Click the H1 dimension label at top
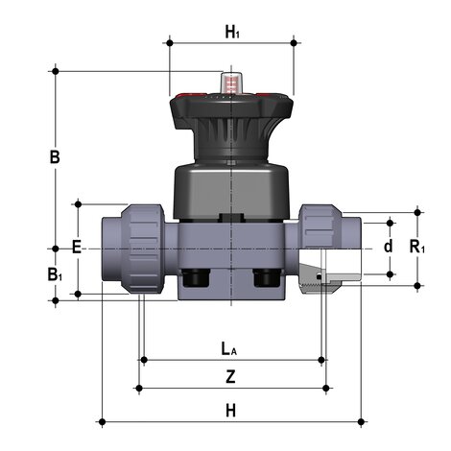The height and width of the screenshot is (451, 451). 232,33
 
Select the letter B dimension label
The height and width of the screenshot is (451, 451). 55,157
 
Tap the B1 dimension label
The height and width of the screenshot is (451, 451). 55,274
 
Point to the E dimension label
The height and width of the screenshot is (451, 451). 77,248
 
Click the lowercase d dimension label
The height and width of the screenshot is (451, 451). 388,247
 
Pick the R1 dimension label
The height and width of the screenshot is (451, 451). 417,247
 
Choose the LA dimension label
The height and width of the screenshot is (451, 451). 229,349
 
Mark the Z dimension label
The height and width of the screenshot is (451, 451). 230,376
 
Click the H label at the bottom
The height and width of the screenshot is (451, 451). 230,411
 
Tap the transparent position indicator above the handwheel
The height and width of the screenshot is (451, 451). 231,83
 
